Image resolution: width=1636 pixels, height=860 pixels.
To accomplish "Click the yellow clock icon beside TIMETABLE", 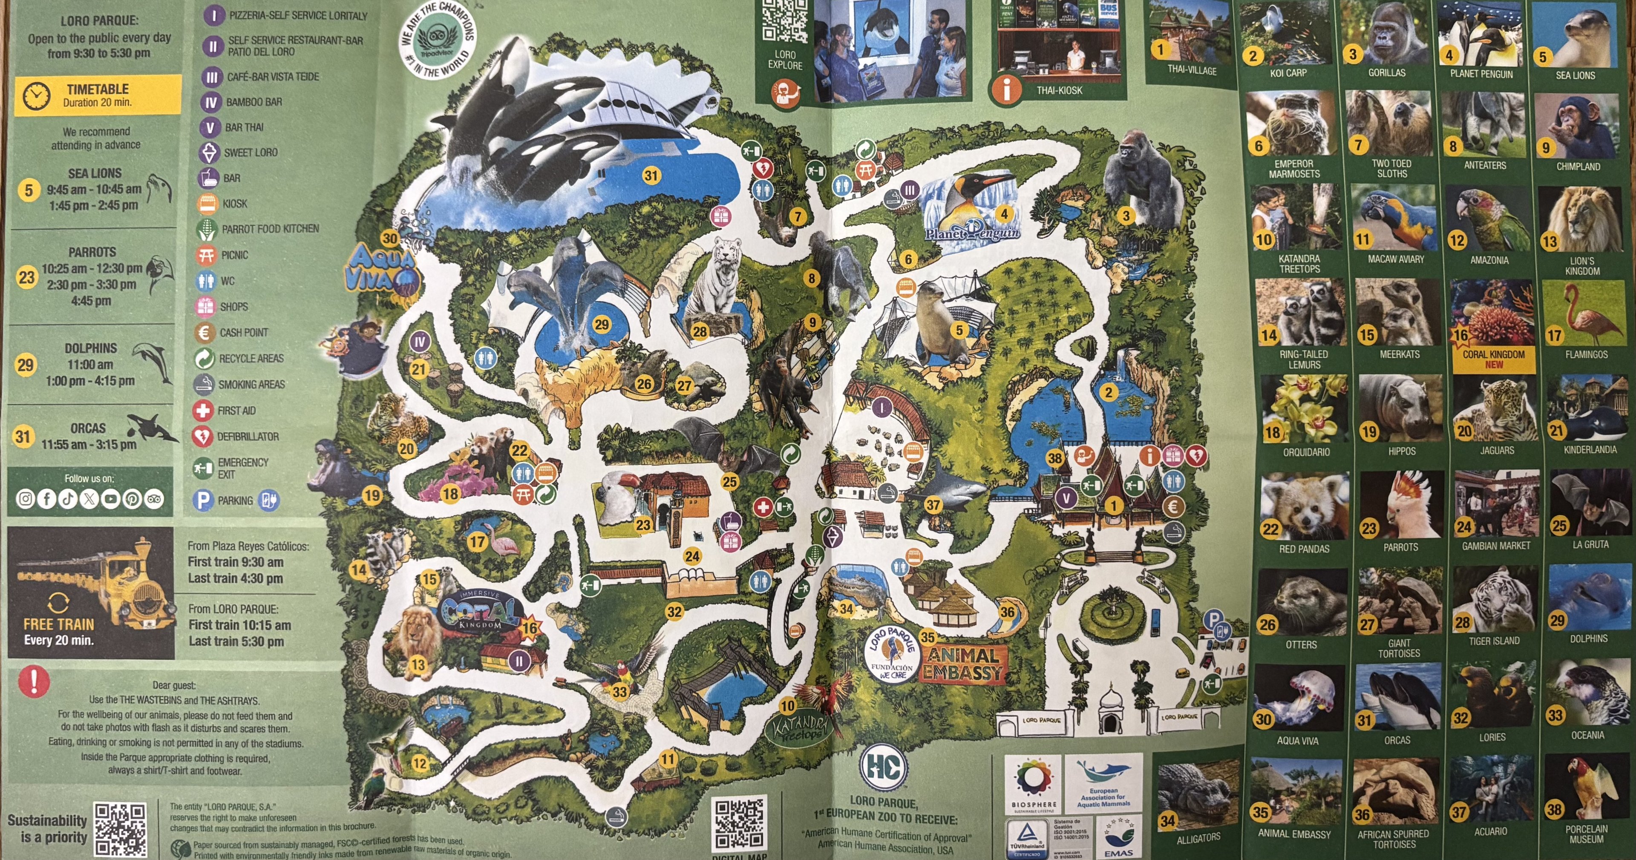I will click(36, 95).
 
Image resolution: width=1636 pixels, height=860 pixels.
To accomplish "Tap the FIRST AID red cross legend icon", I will click(203, 410).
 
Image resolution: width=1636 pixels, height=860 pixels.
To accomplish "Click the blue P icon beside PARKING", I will click(203, 500).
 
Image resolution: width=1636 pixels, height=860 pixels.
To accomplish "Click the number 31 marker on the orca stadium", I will click(651, 175).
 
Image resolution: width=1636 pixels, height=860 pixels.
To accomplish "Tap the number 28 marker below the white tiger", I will click(699, 331).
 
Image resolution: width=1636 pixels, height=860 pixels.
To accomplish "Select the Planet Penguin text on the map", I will click(972, 233).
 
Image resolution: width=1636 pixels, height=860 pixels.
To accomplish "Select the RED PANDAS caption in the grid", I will click(1304, 549).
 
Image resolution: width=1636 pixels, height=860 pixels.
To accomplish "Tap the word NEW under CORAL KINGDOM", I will click(1494, 365).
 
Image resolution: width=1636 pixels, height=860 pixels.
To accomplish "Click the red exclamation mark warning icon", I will click(34, 680).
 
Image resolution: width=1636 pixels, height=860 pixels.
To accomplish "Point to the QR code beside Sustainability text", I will click(120, 829).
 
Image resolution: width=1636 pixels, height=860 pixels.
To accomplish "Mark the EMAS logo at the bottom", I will click(1118, 837).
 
